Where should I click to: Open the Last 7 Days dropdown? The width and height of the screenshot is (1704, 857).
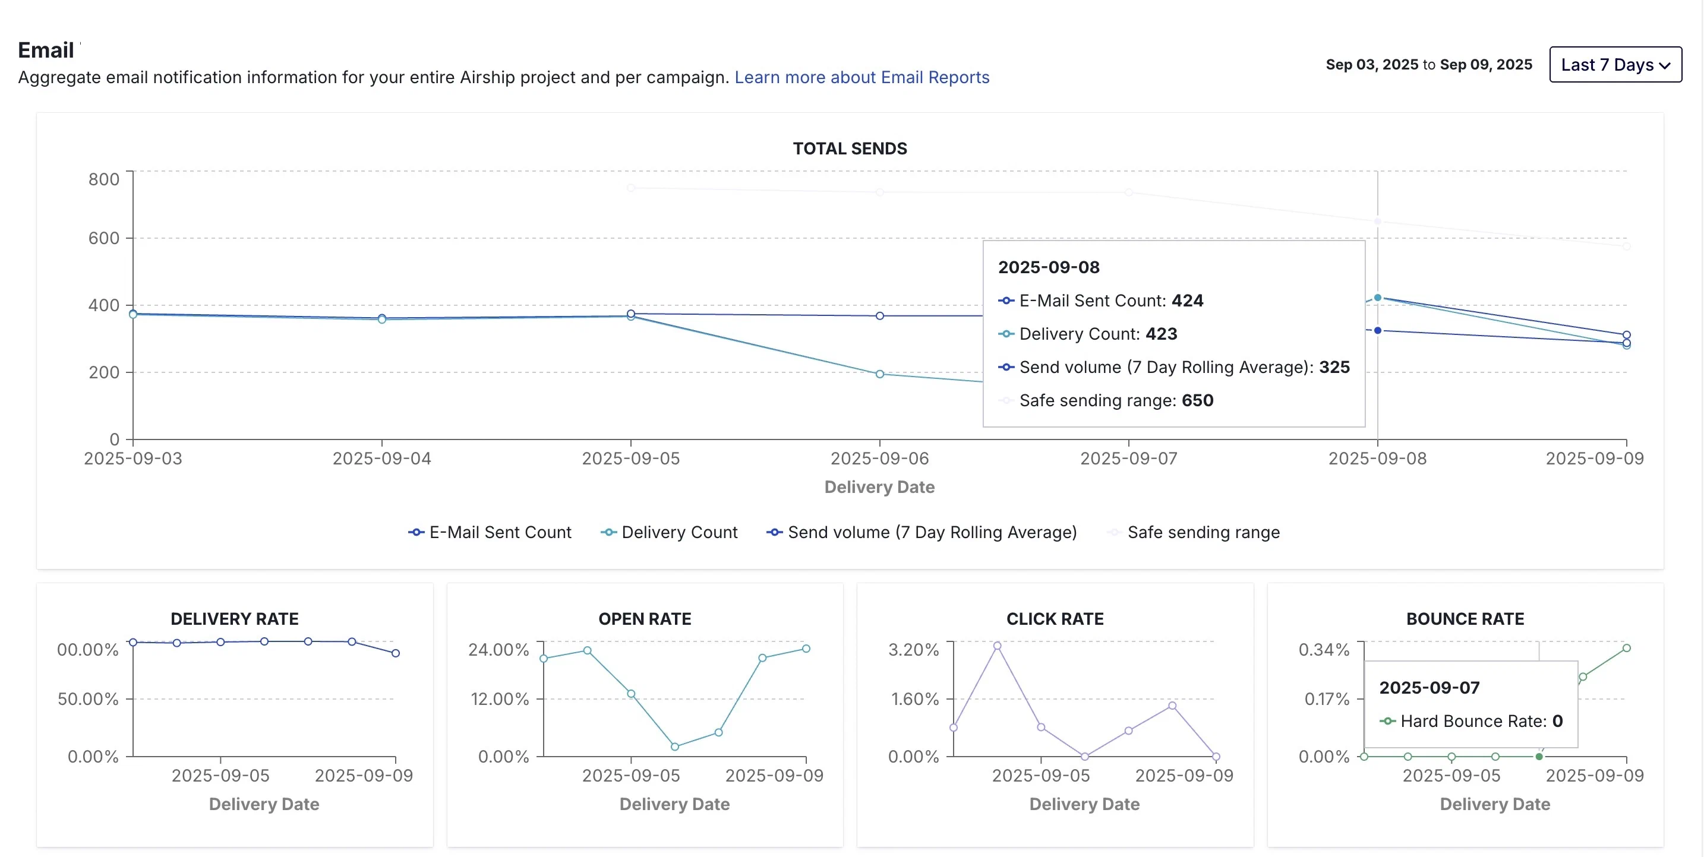click(x=1615, y=65)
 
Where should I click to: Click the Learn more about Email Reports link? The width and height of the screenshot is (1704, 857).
click(x=862, y=77)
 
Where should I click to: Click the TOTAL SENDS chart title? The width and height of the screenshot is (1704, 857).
click(x=850, y=149)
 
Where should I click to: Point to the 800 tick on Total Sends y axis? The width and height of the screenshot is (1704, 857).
click(x=104, y=179)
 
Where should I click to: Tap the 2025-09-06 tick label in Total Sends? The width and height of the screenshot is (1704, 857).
click(x=879, y=458)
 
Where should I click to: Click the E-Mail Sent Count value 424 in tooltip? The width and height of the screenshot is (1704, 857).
click(x=1187, y=301)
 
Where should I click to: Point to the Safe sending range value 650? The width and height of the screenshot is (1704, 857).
click(x=1197, y=401)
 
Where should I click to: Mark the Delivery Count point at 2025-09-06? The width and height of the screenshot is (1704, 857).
click(x=880, y=374)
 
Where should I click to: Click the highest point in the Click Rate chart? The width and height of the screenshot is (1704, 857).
click(x=997, y=646)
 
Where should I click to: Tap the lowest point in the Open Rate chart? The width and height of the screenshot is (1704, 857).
click(x=675, y=747)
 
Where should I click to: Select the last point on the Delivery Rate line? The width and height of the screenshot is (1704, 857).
click(x=396, y=653)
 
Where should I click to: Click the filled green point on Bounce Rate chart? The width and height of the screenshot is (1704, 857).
click(x=1539, y=757)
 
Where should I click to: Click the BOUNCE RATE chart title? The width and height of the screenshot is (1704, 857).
click(x=1465, y=619)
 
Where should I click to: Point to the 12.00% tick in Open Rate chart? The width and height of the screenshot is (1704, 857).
click(x=500, y=699)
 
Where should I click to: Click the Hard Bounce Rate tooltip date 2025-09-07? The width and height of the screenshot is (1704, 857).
click(x=1429, y=688)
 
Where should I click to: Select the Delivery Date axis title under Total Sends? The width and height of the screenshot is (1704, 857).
click(x=879, y=488)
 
